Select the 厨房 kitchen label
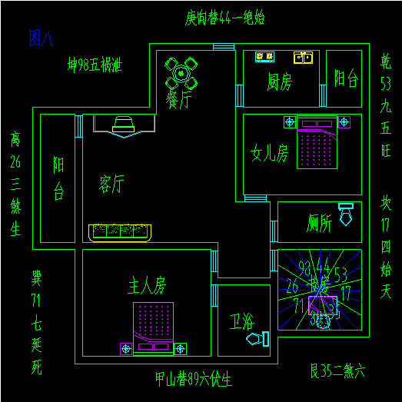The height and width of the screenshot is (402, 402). pyautogui.click(x=279, y=81)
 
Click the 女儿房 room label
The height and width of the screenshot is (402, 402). pyautogui.click(x=270, y=153)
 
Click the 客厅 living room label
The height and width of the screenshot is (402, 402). pyautogui.click(x=112, y=183)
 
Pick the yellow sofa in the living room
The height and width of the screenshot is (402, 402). pyautogui.click(x=120, y=231)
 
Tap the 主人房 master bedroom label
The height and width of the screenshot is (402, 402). pyautogui.click(x=147, y=287)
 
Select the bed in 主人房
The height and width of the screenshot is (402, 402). pyautogui.click(x=154, y=327)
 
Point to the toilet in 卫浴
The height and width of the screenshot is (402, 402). pyautogui.click(x=257, y=337)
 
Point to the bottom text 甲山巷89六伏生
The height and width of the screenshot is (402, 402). pyautogui.click(x=193, y=379)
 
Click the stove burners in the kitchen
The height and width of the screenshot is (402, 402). pyautogui.click(x=264, y=56)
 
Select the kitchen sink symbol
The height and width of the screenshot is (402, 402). pyautogui.click(x=303, y=56)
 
